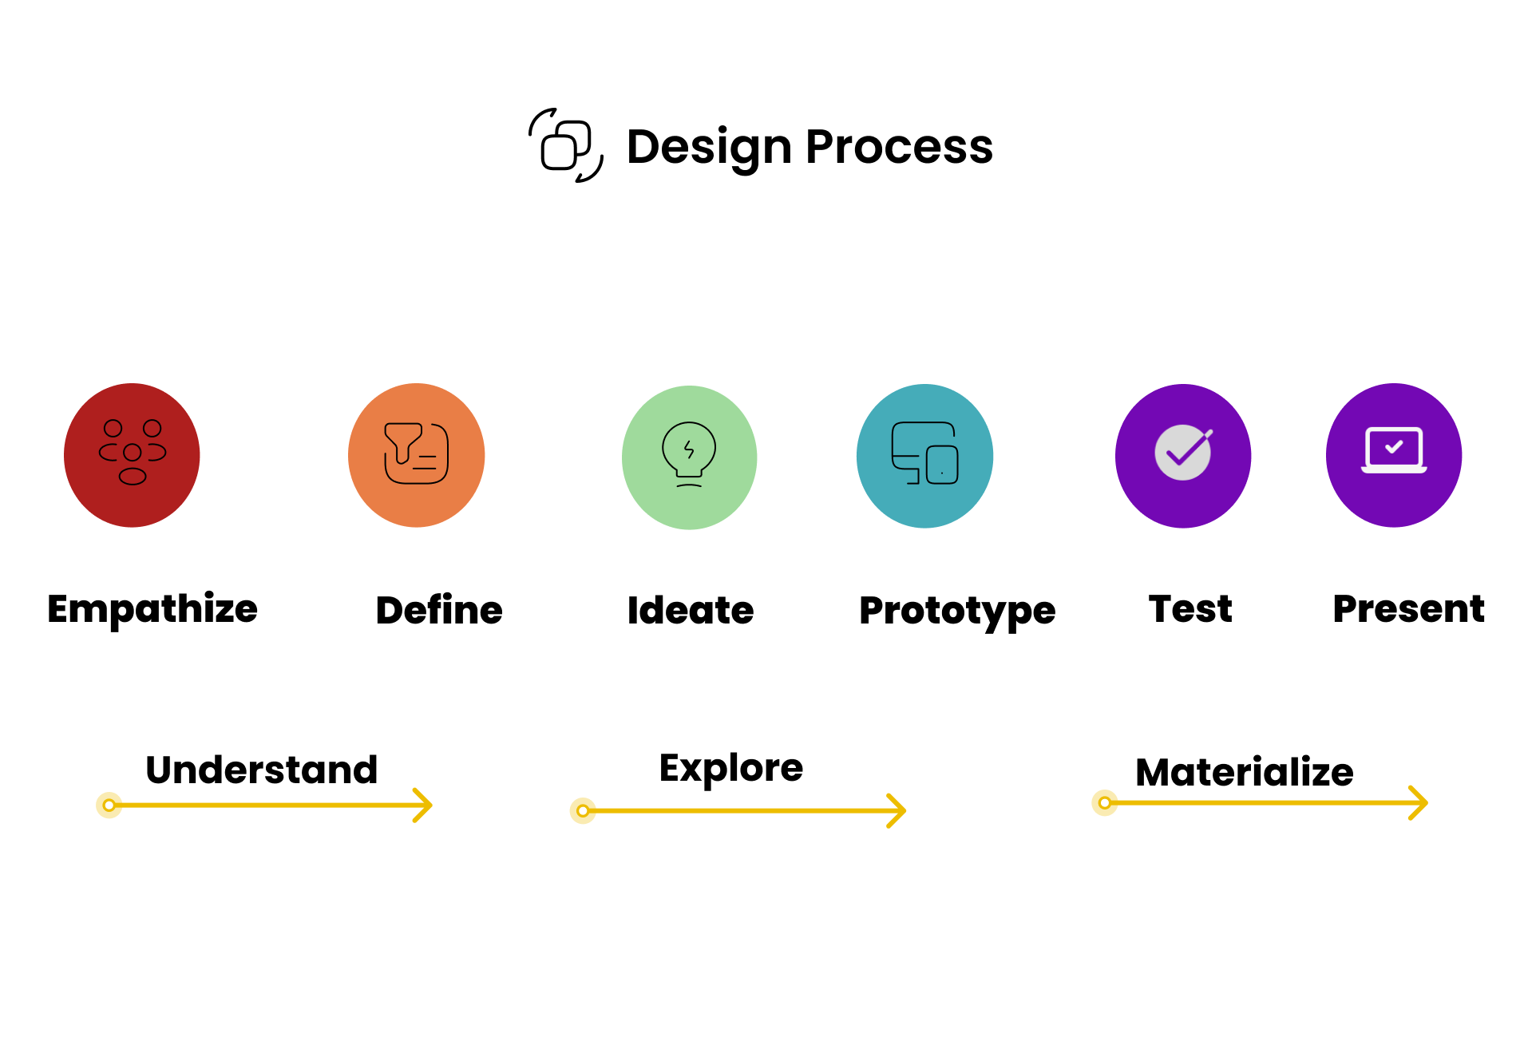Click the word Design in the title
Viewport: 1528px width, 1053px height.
click(x=709, y=148)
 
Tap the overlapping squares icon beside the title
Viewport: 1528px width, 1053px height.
click(x=566, y=145)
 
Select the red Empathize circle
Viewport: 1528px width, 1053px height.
click(x=132, y=455)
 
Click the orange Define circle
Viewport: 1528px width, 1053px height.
click(x=416, y=455)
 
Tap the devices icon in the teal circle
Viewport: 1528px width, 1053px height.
click(x=924, y=453)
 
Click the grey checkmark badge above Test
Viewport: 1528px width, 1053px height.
click(x=1183, y=453)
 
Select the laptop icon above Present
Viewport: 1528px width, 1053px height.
click(x=1394, y=450)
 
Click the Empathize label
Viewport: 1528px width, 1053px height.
click(x=152, y=609)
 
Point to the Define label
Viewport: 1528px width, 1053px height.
click(x=439, y=611)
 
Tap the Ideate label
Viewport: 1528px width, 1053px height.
click(x=691, y=611)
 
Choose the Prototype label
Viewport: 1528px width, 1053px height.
click(x=957, y=612)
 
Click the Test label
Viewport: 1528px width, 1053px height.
click(x=1190, y=609)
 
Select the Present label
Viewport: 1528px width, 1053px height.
click(x=1408, y=609)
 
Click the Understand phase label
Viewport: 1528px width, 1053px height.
click(x=261, y=770)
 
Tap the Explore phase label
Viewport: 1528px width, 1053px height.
click(x=730, y=768)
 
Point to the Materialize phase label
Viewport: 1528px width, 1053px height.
click(x=1244, y=773)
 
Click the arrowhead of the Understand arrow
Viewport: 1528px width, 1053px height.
click(x=426, y=806)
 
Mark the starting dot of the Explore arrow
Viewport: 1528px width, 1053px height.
click(x=583, y=811)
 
